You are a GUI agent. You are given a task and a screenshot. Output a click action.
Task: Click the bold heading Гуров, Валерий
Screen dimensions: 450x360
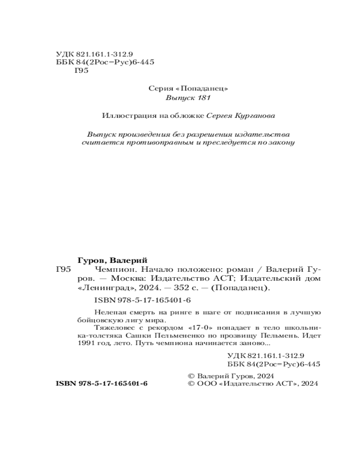[x=113, y=261]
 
